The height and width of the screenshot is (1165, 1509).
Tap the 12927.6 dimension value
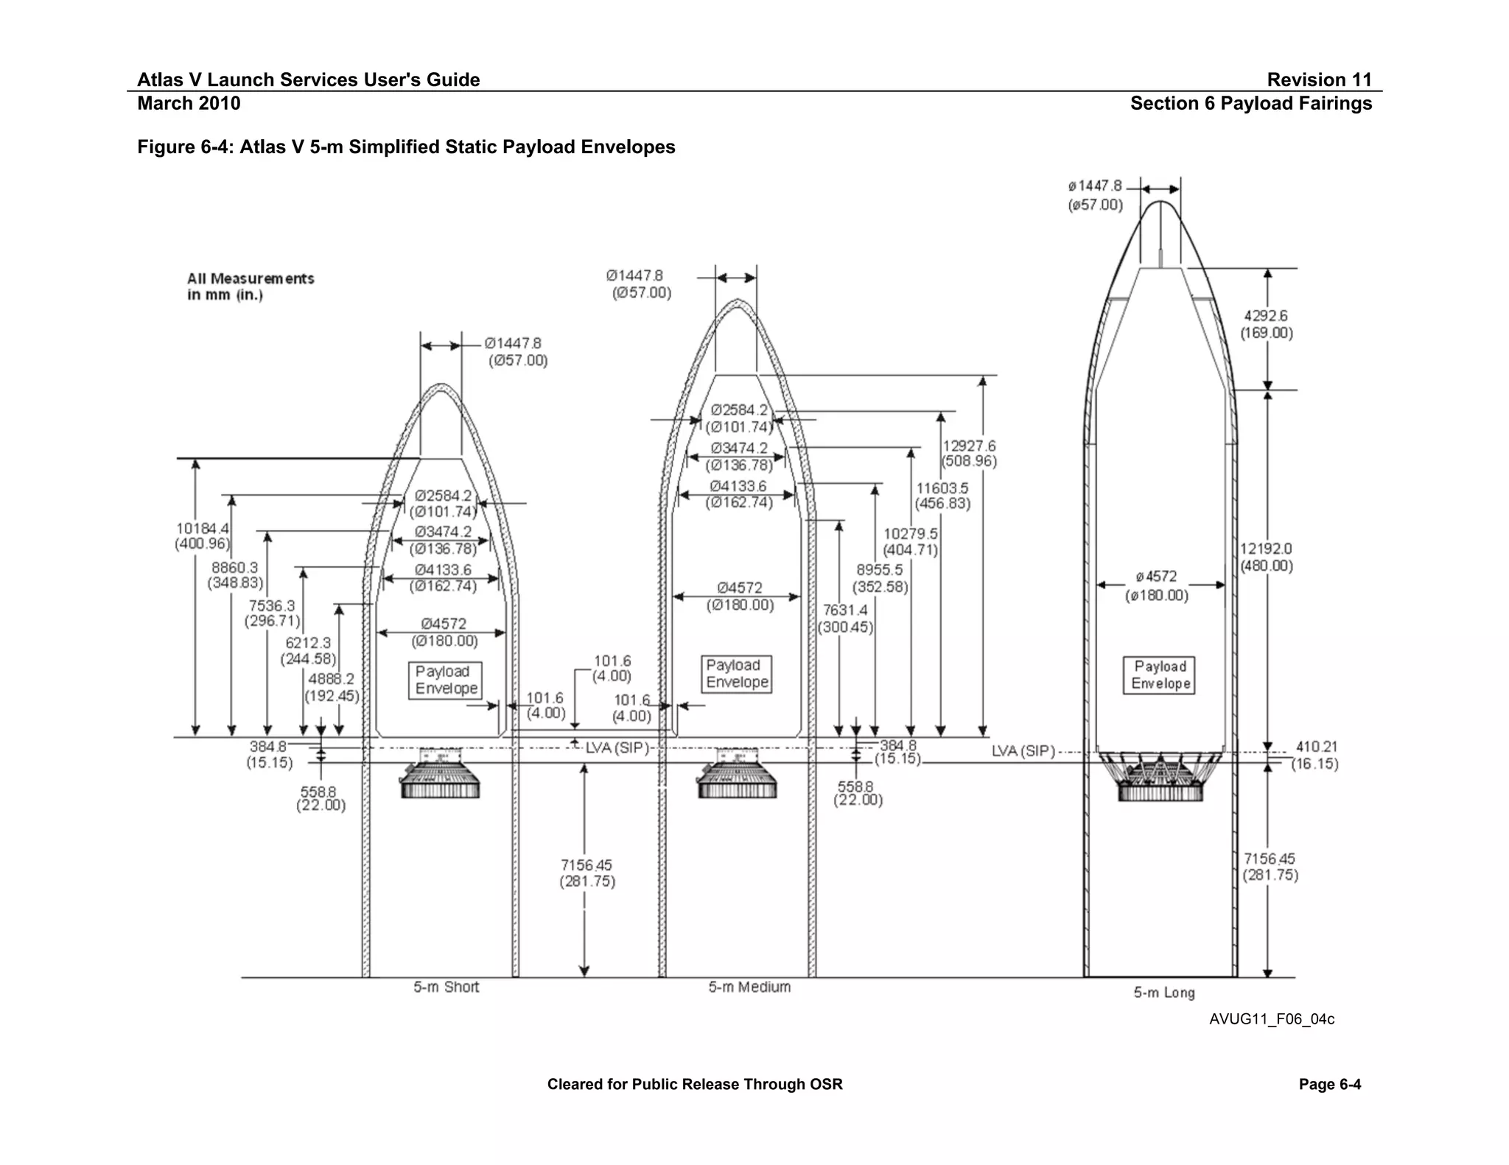(x=969, y=446)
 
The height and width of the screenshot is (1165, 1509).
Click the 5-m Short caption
(x=446, y=988)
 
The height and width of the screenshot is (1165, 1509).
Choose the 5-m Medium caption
(x=749, y=988)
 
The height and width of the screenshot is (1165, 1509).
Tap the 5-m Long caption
(x=1164, y=993)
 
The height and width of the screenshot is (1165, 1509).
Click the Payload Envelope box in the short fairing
(x=446, y=680)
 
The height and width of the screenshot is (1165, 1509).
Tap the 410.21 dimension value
(x=1317, y=747)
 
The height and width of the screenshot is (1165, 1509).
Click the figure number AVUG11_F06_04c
(x=1271, y=1020)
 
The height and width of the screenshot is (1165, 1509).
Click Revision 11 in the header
(x=1319, y=80)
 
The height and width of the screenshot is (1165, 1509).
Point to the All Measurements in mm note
(x=251, y=286)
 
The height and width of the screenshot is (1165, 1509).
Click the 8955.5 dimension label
(x=880, y=570)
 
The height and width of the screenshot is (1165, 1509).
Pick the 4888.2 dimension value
(x=332, y=679)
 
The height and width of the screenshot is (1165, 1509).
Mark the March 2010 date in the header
(x=189, y=103)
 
